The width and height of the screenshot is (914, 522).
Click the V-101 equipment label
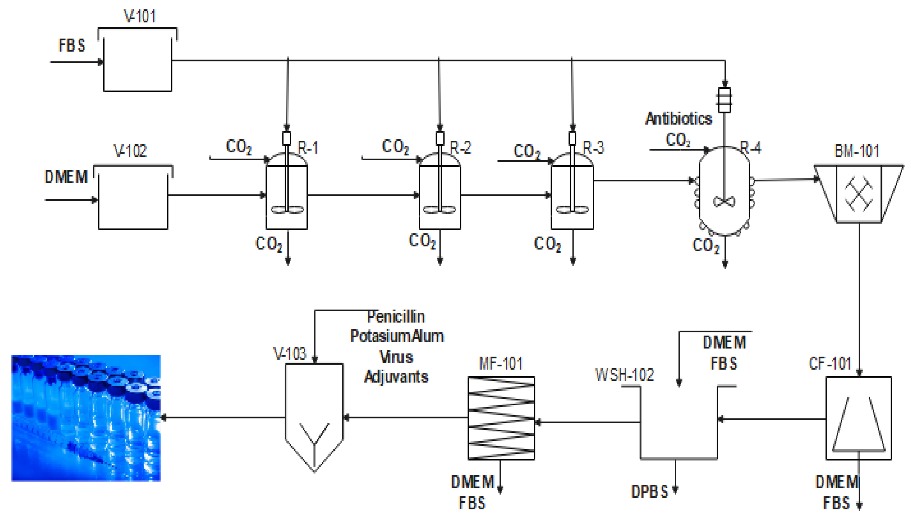(x=140, y=16)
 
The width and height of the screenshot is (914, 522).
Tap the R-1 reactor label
(x=308, y=148)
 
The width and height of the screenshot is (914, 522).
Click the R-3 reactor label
(x=593, y=148)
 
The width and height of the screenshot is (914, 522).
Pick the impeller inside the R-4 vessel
(x=724, y=202)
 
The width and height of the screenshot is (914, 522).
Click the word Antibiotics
(x=678, y=119)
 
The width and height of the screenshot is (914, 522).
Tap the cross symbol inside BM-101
(x=859, y=194)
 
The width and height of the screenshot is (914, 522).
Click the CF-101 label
(x=830, y=363)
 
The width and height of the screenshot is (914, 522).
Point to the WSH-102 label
(x=624, y=375)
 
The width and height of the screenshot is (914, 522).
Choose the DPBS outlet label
(x=650, y=492)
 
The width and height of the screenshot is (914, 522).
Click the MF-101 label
(x=501, y=363)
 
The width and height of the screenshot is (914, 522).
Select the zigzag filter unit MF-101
(x=501, y=418)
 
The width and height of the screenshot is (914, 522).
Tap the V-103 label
(x=290, y=354)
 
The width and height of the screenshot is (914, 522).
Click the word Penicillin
(x=396, y=317)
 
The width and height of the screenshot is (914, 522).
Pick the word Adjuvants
(x=396, y=377)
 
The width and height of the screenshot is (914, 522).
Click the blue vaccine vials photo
(x=86, y=418)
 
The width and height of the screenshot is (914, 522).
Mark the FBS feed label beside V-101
(x=72, y=45)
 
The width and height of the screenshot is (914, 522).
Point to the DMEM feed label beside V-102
(x=66, y=177)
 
